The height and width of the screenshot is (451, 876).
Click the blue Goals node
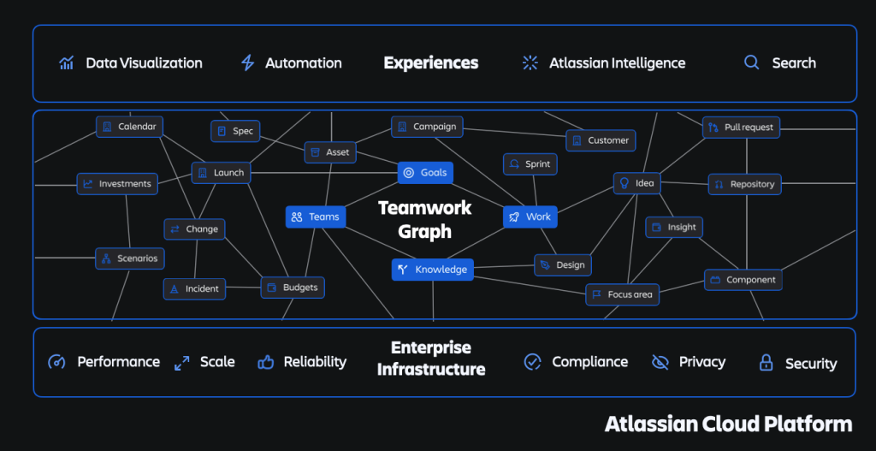point(425,173)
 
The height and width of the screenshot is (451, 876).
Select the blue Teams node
point(314,217)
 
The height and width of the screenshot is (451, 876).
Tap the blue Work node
point(530,217)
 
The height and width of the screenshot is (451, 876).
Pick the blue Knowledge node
point(432,270)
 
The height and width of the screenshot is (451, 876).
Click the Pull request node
point(740,128)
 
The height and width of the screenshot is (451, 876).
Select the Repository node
point(744,184)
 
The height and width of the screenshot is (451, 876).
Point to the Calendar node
point(129,127)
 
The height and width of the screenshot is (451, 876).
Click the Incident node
point(194,289)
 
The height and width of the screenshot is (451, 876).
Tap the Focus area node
point(622,294)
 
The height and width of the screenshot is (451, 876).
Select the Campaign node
point(427,127)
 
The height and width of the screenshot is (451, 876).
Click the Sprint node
point(530,164)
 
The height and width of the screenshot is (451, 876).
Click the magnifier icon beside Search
point(751,62)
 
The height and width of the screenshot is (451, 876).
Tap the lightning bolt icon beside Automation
point(248,63)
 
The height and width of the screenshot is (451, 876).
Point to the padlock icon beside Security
point(766,363)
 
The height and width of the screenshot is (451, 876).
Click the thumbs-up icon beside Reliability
point(266,362)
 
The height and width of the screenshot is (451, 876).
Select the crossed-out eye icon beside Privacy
point(660,362)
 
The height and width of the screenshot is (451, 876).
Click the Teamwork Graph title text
point(414,220)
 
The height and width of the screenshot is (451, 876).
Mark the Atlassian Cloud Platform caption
point(728,424)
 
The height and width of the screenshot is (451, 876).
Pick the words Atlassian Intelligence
point(617,63)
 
